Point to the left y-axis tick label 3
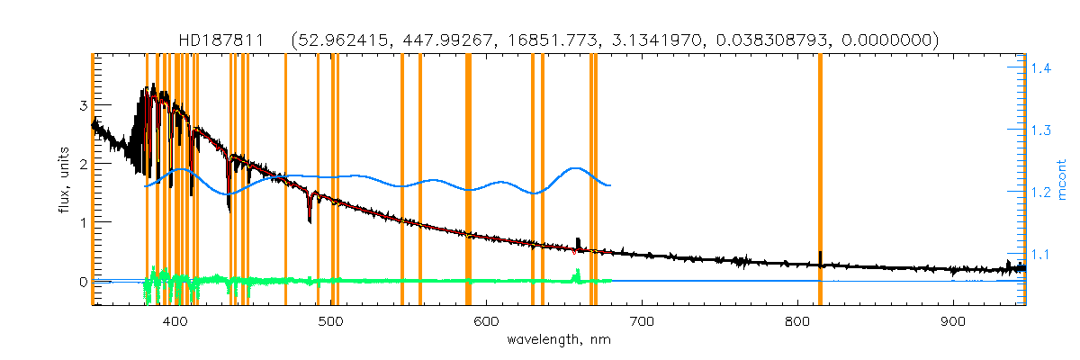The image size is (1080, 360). pos(83,105)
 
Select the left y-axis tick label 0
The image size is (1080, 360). pos(83,281)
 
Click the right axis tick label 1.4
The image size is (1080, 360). pos(1042,68)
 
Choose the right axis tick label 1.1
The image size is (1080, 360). pos(1042,255)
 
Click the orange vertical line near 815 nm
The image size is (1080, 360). pos(820,180)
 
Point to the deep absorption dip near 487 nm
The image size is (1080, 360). pos(310,214)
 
